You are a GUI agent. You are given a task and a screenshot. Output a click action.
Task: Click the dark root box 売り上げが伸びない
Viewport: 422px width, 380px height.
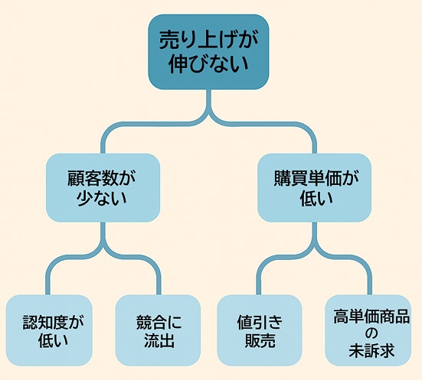(208, 52)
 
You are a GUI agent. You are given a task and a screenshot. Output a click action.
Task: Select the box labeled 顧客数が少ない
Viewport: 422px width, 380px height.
(103, 188)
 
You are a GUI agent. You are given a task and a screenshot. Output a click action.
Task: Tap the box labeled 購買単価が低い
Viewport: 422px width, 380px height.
(314, 188)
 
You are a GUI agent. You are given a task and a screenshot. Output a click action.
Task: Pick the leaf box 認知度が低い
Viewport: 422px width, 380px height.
(49, 330)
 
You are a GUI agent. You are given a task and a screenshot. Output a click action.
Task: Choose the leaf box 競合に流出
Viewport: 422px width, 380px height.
(158, 330)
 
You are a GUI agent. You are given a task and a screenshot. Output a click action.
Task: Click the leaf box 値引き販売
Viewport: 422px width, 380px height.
(260, 330)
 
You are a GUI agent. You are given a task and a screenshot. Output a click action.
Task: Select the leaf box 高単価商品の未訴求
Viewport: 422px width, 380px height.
(368, 330)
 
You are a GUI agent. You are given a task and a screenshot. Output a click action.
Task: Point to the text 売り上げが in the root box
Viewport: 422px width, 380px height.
(208, 41)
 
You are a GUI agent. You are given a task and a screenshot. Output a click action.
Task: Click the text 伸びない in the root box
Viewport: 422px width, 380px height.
(208, 64)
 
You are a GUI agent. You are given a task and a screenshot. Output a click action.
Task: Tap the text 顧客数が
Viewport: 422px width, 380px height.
(101, 178)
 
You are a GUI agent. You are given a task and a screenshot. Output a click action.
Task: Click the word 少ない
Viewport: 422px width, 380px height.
(102, 198)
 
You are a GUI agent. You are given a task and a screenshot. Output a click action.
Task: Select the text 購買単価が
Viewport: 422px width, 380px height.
(316, 178)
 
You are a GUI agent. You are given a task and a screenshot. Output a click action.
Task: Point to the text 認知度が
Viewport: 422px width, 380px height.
(53, 323)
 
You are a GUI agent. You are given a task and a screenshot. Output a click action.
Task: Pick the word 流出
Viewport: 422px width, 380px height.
(159, 341)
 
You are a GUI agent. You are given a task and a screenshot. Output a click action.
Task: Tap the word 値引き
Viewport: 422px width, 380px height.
(260, 323)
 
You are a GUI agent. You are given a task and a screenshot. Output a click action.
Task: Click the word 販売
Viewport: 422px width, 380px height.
(260, 341)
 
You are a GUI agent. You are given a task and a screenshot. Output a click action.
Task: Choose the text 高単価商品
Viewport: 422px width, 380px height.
(371, 317)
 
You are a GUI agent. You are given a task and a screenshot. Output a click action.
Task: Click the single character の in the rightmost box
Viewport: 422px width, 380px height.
(371, 333)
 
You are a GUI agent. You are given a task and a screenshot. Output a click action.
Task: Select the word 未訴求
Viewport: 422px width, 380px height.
(371, 350)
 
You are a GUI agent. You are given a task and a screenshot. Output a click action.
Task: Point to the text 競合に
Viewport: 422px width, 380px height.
(159, 323)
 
